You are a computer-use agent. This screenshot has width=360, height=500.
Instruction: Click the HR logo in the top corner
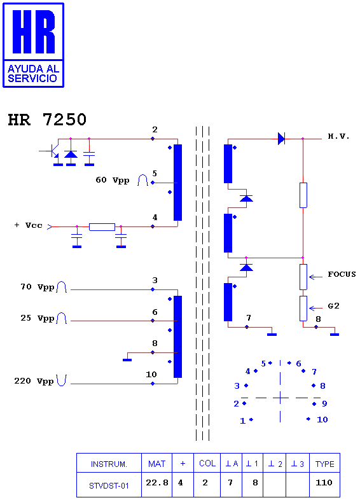coord(33,45)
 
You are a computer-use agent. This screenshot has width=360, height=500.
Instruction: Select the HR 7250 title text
coord(47,120)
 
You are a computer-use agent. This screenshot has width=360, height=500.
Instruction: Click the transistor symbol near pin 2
coord(52,151)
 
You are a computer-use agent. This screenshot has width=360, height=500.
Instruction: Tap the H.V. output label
coord(338,137)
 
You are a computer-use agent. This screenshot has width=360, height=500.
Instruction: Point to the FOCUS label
coord(342,274)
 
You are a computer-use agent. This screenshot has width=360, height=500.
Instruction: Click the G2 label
coord(333,306)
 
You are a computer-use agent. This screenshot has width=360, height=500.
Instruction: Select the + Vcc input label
coord(28,225)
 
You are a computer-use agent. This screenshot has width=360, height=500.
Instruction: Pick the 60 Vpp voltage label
coord(112,180)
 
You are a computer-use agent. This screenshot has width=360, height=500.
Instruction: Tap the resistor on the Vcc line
coord(102,226)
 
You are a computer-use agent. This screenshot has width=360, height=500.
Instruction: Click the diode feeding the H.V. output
coord(281,139)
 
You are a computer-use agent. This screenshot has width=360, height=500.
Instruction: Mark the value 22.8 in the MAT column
coord(157,483)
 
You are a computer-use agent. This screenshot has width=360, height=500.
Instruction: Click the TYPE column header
coord(324,464)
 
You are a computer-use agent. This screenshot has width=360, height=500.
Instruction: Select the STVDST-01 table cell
coord(109,485)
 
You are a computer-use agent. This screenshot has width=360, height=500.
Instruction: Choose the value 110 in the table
coord(324,483)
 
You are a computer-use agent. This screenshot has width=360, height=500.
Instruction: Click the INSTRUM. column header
coord(109,464)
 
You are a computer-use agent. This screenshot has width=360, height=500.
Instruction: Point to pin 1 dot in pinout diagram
coord(251,420)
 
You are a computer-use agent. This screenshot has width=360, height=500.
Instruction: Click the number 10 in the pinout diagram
coord(322,420)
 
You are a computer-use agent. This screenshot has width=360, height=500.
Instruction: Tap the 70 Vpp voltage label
coord(38,287)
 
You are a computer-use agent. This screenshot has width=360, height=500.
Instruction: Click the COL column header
coord(207,463)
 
